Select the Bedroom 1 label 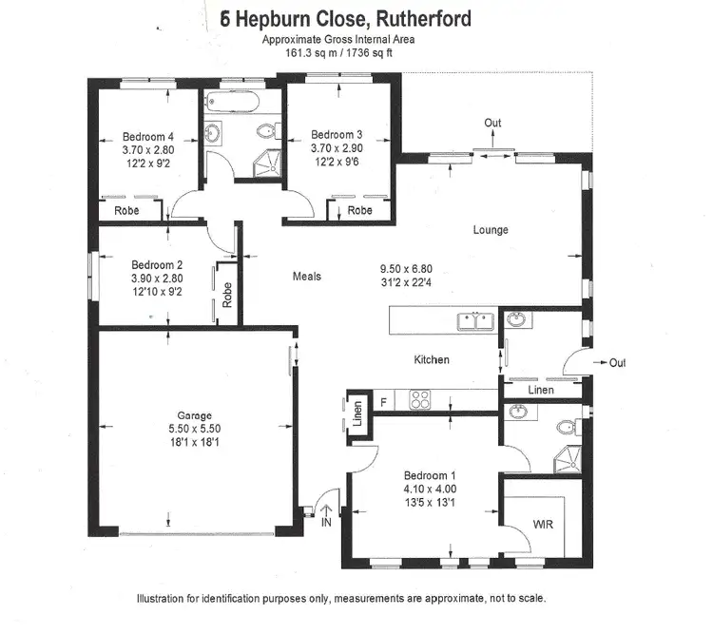click(430, 475)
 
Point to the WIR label click(544, 524)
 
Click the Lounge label click(491, 230)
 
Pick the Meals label click(306, 277)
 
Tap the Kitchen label click(431, 360)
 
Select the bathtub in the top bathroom click(239, 104)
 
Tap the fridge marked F click(382, 401)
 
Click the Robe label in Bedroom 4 click(128, 210)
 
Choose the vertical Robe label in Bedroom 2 click(226, 296)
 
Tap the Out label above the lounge click(492, 123)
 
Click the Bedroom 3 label click(337, 135)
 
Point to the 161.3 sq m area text click(311, 53)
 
